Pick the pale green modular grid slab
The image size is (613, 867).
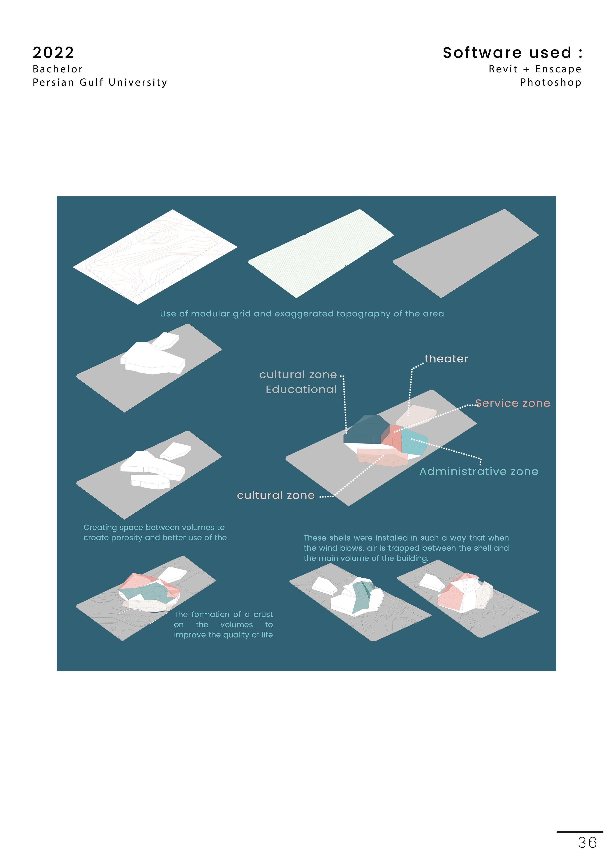[x=321, y=254]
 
